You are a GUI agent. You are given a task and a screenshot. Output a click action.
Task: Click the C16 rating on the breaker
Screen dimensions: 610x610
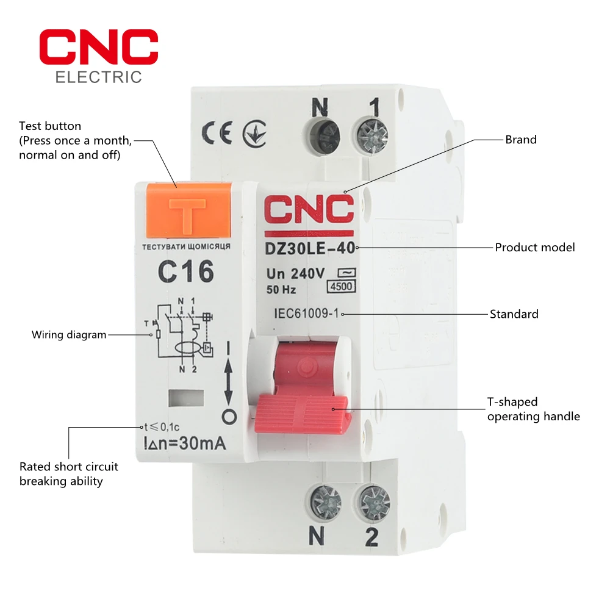186,271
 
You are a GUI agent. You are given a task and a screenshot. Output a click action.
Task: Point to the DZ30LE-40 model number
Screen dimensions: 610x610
309,248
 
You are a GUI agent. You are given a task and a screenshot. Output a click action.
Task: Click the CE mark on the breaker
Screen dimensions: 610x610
217,134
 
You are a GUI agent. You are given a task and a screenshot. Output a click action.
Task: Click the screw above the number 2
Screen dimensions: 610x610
372,503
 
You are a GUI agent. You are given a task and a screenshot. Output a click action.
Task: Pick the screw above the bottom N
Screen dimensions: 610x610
325,502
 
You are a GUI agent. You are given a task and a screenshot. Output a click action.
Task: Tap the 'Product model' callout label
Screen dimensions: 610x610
534,248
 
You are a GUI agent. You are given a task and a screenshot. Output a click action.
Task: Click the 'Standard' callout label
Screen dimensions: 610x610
514,315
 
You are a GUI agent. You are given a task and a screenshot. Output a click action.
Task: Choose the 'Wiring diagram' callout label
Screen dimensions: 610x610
69,335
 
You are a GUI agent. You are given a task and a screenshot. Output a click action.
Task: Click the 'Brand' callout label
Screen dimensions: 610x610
520,140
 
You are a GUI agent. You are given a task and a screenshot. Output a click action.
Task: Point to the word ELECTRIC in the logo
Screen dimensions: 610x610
99,77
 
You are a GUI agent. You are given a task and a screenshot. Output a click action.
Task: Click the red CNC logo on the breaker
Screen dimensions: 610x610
309,211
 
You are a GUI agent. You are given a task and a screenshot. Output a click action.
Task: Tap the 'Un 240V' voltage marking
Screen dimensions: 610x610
295,274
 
